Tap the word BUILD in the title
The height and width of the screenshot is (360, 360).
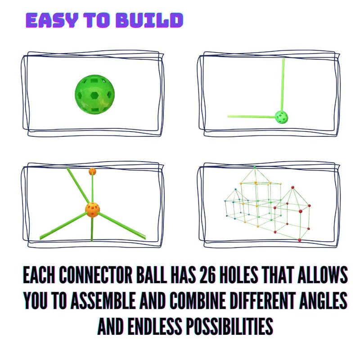[149, 20]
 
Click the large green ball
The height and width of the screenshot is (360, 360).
[94, 94]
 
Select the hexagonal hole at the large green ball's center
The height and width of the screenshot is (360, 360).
[94, 95]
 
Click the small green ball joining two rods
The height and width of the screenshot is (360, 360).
[282, 117]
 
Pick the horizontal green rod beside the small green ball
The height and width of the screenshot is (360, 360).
[252, 117]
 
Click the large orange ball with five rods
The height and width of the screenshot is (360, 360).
[92, 210]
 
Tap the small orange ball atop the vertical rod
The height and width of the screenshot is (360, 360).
[92, 171]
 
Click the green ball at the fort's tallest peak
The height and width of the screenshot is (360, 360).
[255, 167]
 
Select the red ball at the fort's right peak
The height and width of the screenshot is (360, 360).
[292, 188]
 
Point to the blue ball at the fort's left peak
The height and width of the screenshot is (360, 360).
[235, 189]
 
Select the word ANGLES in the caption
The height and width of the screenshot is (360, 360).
[323, 300]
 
